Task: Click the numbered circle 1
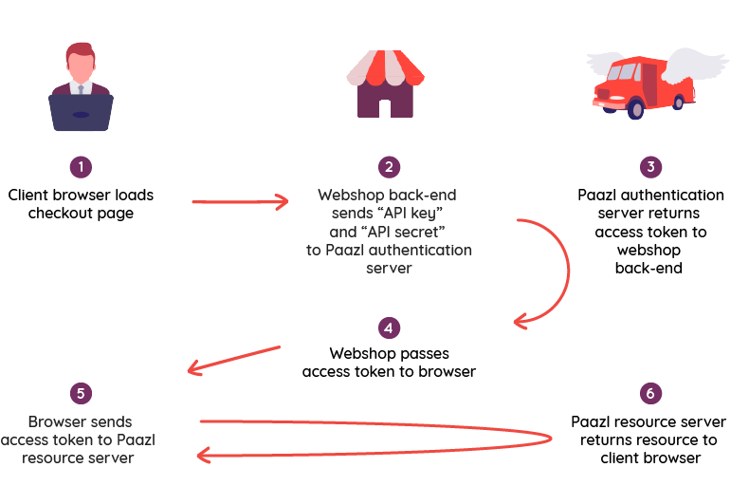pos(81,167)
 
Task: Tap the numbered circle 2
pos(389,167)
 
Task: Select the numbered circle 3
pos(650,167)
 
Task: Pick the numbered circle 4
pos(389,327)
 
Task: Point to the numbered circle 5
pos(81,393)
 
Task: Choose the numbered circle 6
pos(650,393)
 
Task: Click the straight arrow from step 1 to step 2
pos(240,202)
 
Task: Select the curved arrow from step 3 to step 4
pos(569,271)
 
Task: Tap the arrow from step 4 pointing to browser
pos(234,360)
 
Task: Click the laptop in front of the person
pos(81,112)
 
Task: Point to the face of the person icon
pos(81,68)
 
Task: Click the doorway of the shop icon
pos(385,108)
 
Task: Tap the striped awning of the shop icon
pos(386,68)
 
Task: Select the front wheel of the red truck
pos(635,108)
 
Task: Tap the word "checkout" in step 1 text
pos(61,214)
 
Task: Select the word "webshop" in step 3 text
pos(649,251)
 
